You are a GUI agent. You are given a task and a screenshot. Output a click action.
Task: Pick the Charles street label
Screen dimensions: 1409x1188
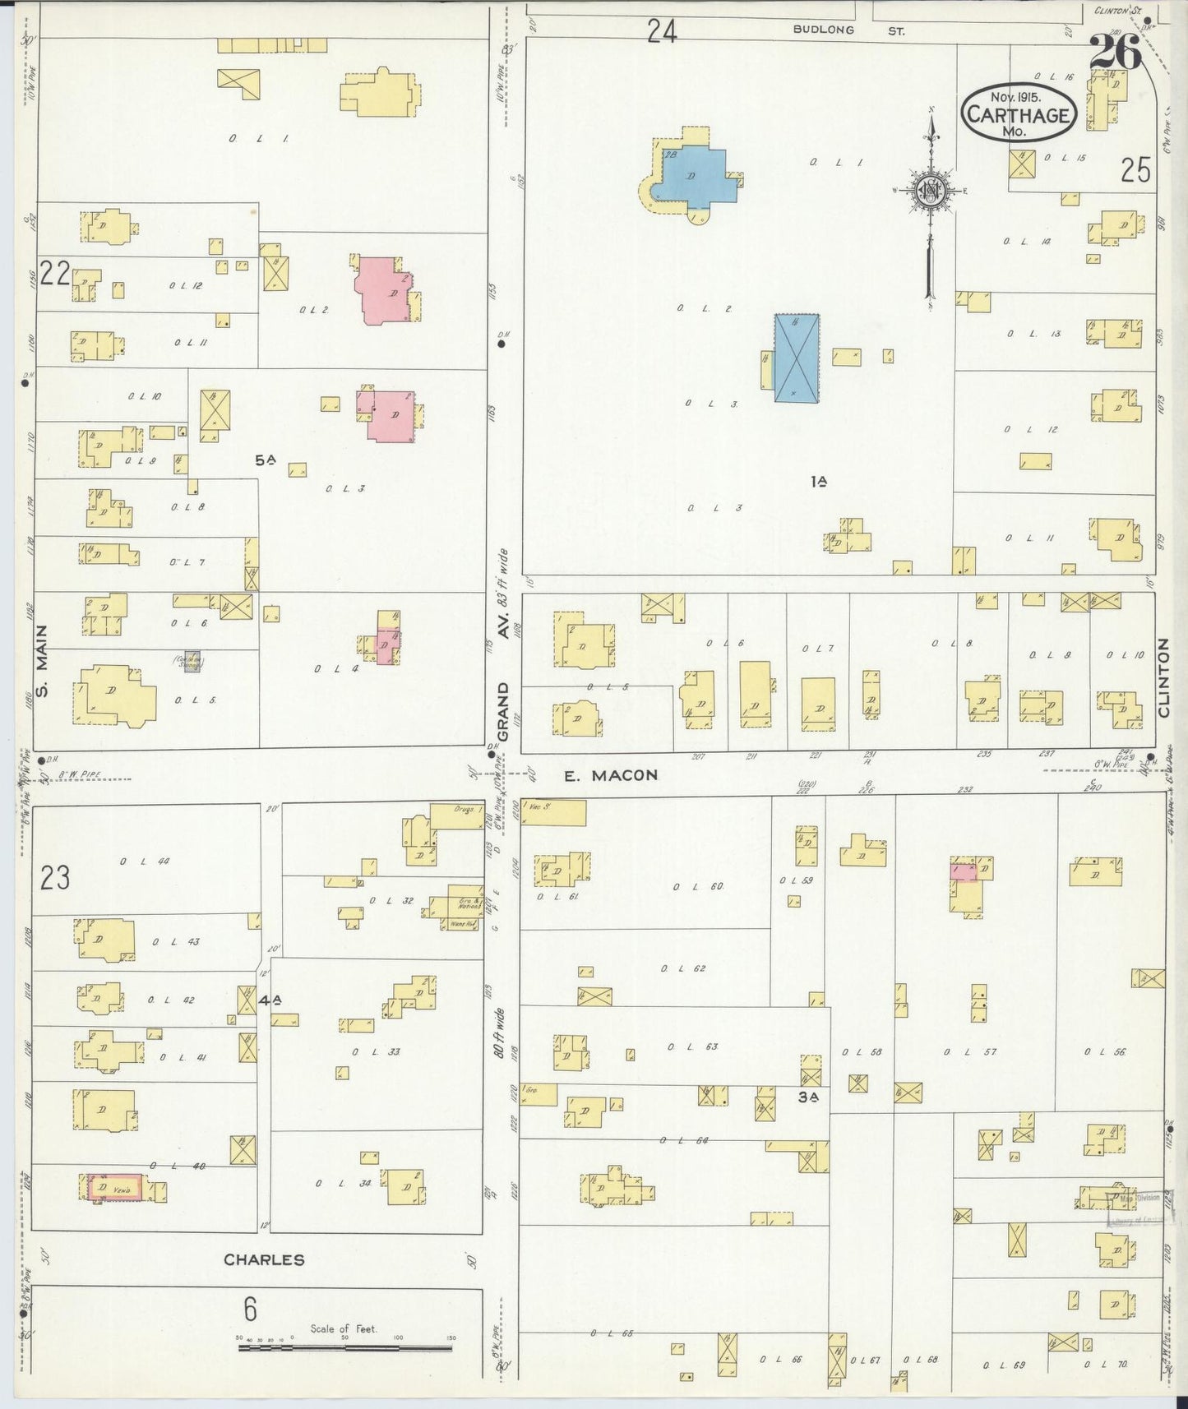tap(265, 1259)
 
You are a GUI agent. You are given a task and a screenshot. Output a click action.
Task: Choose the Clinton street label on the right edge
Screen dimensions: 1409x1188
tap(1163, 679)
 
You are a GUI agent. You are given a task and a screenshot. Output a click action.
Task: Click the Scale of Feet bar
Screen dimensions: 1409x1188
tap(346, 1347)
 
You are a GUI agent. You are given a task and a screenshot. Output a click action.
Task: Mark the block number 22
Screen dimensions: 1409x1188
tap(54, 273)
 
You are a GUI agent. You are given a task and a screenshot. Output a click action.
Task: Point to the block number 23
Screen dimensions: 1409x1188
tap(55, 878)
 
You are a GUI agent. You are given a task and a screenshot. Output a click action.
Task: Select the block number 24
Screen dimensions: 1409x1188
tap(661, 31)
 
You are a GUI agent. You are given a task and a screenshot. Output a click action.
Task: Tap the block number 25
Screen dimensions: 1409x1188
tap(1135, 170)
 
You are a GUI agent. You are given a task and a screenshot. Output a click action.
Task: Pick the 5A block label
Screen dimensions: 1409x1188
tap(264, 462)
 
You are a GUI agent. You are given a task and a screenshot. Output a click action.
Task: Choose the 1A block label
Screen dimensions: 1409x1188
tap(817, 483)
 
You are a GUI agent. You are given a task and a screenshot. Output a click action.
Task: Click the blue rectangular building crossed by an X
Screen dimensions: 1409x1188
tap(797, 358)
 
